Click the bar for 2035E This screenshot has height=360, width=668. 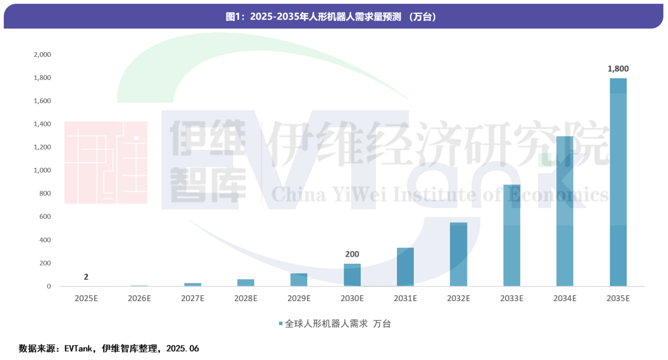(618, 182)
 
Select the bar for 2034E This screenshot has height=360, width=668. (565, 211)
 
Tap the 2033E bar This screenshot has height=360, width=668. (512, 235)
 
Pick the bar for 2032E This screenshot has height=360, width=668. (458, 254)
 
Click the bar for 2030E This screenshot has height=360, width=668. (352, 275)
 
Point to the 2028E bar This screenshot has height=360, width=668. (246, 283)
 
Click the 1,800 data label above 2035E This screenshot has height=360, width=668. (618, 68)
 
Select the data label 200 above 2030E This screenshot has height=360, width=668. (352, 254)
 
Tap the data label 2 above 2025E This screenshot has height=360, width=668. (86, 277)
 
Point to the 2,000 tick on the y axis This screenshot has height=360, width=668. (42, 55)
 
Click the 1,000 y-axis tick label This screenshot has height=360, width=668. (42, 171)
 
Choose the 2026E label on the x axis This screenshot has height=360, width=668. (139, 298)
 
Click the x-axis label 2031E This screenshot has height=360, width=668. (405, 298)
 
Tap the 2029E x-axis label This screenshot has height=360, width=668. (299, 298)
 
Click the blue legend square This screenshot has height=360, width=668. (281, 324)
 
